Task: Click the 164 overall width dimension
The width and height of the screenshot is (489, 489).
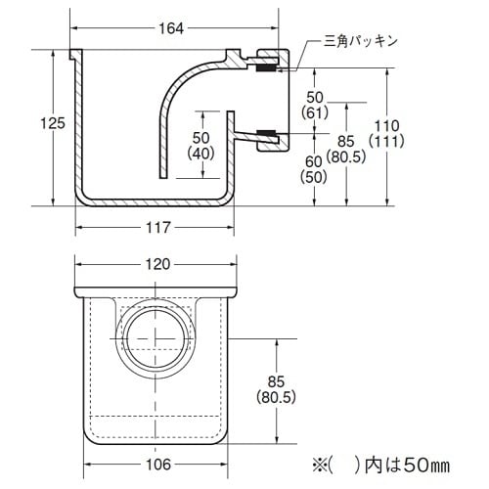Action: click(x=171, y=27)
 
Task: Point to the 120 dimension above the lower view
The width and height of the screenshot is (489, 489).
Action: click(x=157, y=264)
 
